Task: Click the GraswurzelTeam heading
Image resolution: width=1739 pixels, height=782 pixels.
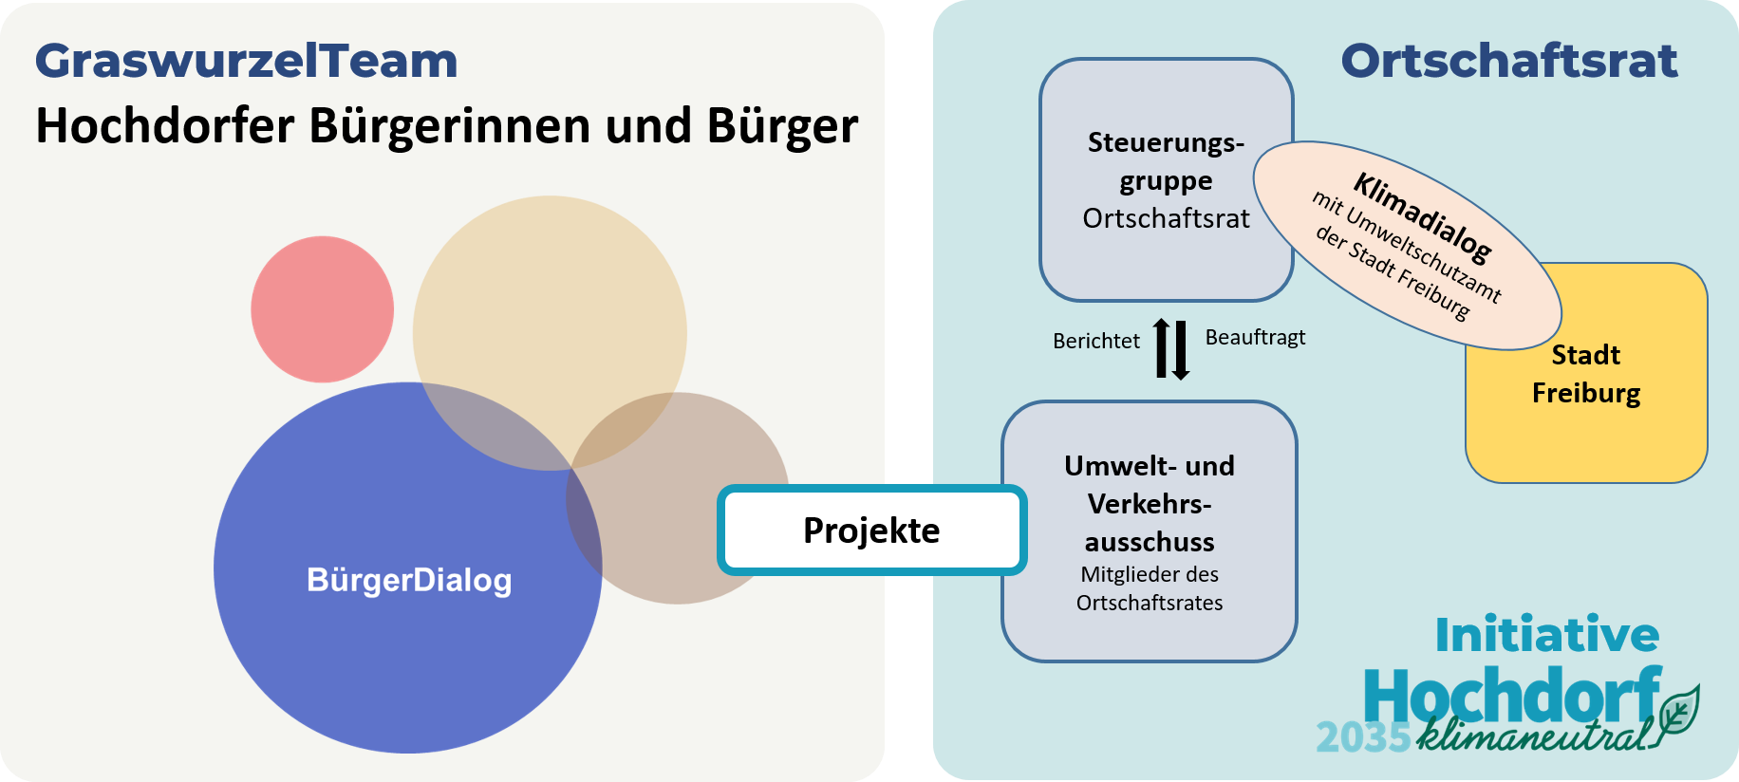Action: tap(247, 61)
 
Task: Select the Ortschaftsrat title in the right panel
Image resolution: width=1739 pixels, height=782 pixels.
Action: tap(1508, 61)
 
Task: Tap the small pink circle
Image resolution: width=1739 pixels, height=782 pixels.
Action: tap(322, 309)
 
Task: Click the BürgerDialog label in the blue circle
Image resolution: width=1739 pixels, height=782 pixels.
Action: tap(409, 580)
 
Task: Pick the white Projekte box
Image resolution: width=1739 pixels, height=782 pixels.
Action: tap(871, 531)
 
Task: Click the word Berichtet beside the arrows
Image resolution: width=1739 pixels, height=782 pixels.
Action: tap(1095, 341)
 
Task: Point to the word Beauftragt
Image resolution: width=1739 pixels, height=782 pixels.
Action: tap(1255, 338)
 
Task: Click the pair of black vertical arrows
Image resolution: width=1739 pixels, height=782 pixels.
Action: tap(1172, 349)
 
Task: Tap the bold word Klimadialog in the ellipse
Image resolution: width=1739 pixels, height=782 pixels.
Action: tap(1422, 216)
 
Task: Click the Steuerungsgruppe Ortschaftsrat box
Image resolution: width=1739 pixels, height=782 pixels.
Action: tap(1166, 180)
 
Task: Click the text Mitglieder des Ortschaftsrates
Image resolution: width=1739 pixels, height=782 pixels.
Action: tap(1150, 588)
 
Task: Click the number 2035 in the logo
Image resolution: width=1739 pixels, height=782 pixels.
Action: tap(1363, 737)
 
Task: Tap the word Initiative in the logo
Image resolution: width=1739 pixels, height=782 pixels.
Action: tap(1546, 635)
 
